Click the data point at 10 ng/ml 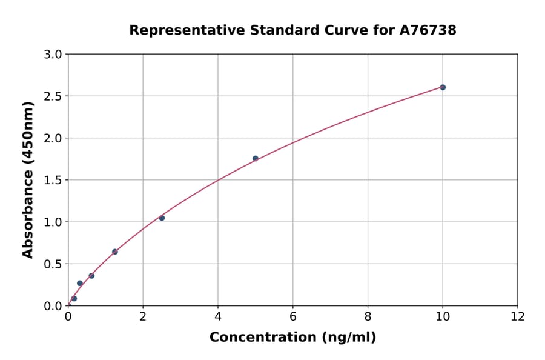pos(443,87)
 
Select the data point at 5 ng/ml pos(256,158)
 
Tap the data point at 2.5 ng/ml pos(162,218)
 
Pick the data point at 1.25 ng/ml pos(115,252)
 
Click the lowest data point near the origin pos(74,298)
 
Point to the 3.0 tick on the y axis pos(53,55)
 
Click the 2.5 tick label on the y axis pos(53,96)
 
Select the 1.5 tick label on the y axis pos(53,180)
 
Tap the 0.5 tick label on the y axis pos(53,264)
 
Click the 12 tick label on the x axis pos(518,317)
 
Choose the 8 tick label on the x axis pos(368,317)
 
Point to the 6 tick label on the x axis pos(293,317)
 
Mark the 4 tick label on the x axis pos(218,317)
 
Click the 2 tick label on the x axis pos(143,317)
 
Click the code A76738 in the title pos(428,30)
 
